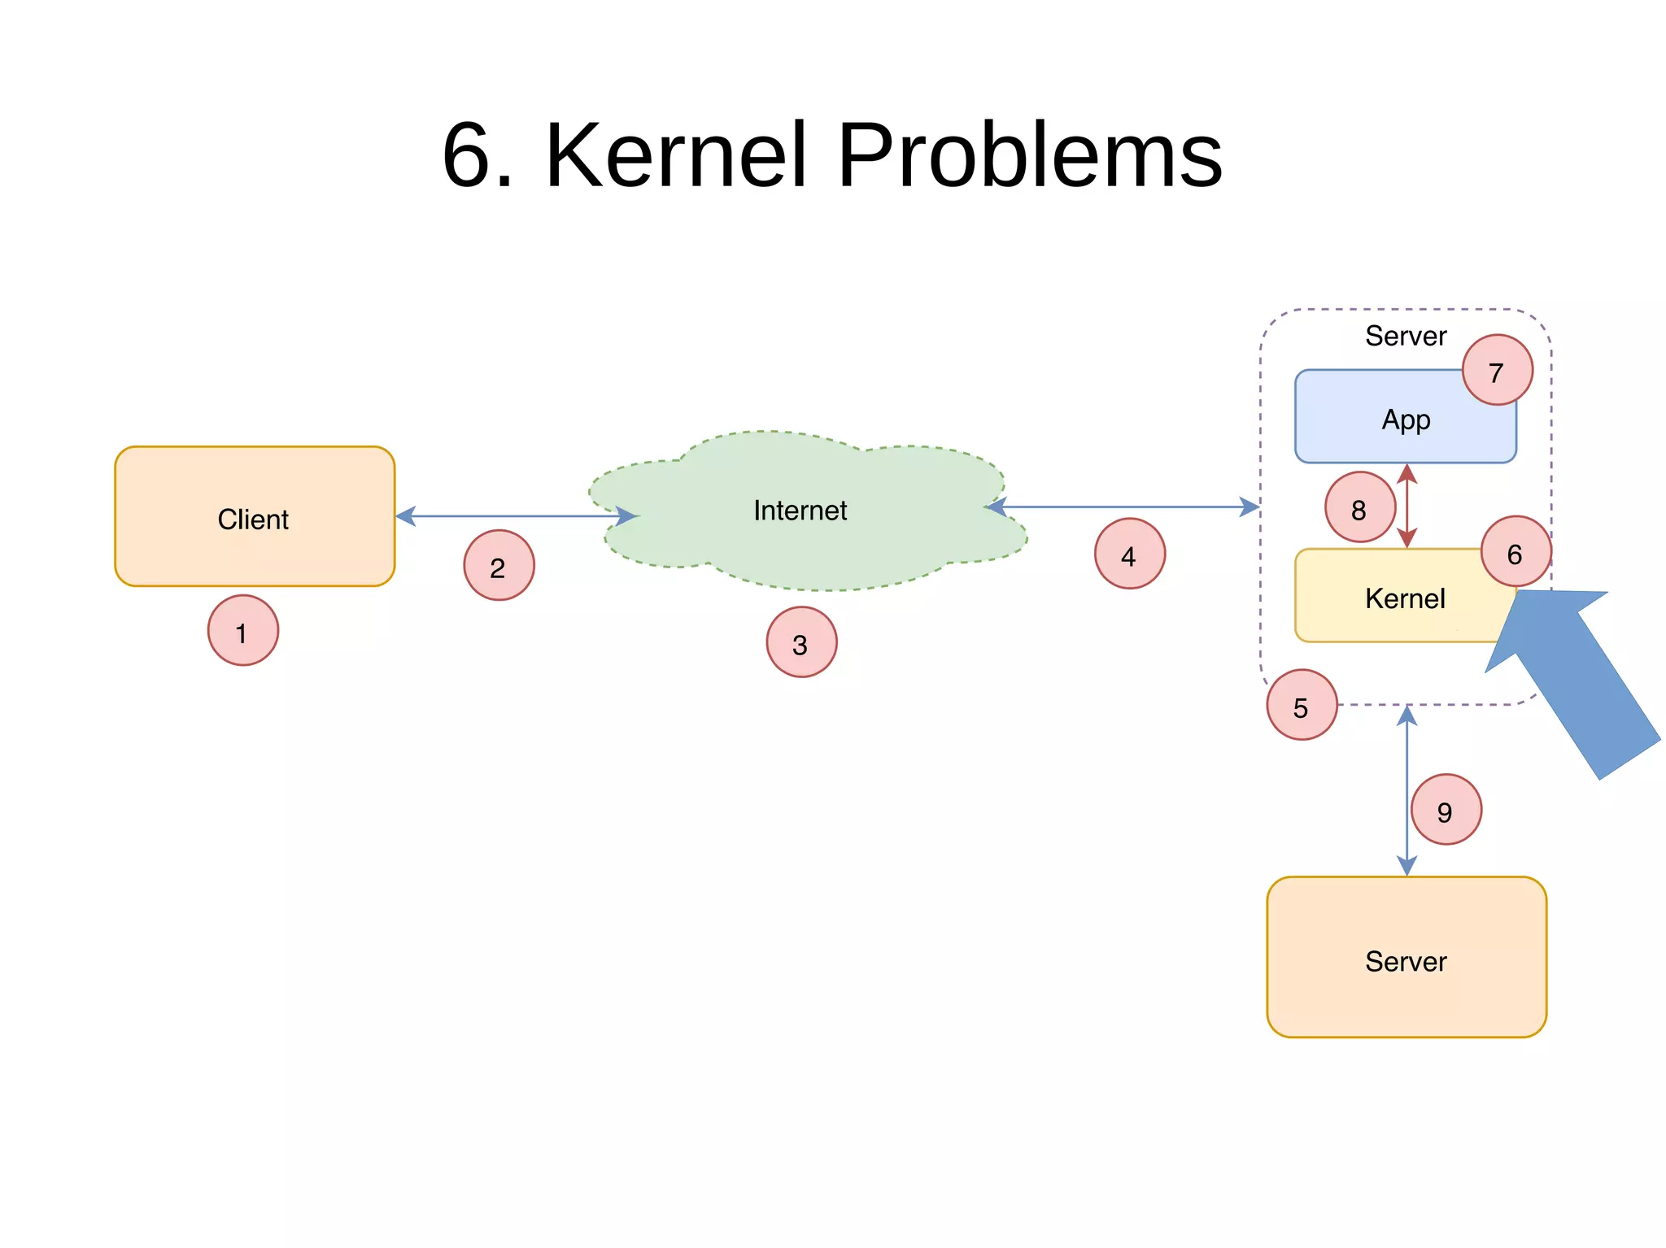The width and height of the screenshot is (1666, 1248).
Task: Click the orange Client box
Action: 254,517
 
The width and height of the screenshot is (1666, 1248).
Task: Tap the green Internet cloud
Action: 801,511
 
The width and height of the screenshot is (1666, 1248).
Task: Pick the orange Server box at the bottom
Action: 1406,957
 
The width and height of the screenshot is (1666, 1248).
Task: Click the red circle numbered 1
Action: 242,631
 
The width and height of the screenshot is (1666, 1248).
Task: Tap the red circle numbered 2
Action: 499,566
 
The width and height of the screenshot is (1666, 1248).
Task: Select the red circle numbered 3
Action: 801,642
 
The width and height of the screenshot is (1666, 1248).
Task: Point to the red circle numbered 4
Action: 1129,554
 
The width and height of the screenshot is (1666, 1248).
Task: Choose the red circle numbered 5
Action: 1302,705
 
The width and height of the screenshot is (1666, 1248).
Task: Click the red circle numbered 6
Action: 1516,552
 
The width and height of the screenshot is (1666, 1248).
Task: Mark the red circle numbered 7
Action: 1497,371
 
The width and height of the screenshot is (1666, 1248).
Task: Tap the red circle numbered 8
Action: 1359,507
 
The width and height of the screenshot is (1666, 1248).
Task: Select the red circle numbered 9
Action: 1446,810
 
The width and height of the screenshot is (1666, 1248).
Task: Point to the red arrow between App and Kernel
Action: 1407,506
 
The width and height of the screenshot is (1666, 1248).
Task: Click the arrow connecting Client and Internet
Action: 514,516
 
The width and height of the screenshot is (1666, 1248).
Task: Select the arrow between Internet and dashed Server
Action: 1123,507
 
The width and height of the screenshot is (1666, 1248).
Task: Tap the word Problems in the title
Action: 1029,154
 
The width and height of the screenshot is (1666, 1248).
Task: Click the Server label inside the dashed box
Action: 1405,336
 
